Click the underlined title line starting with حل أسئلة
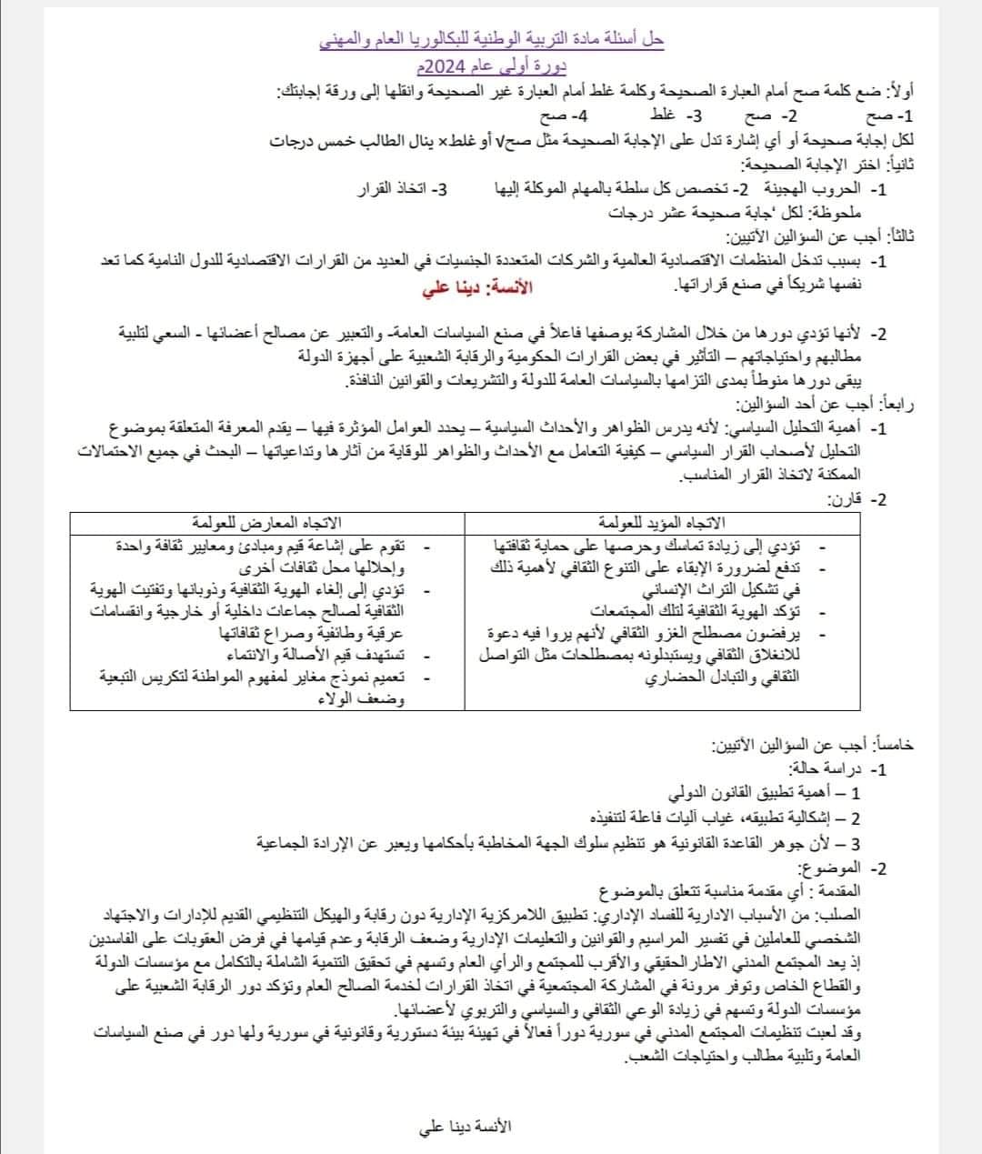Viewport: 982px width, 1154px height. pyautogui.click(x=493, y=39)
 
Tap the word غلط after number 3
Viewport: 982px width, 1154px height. pyautogui.click(x=663, y=116)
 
